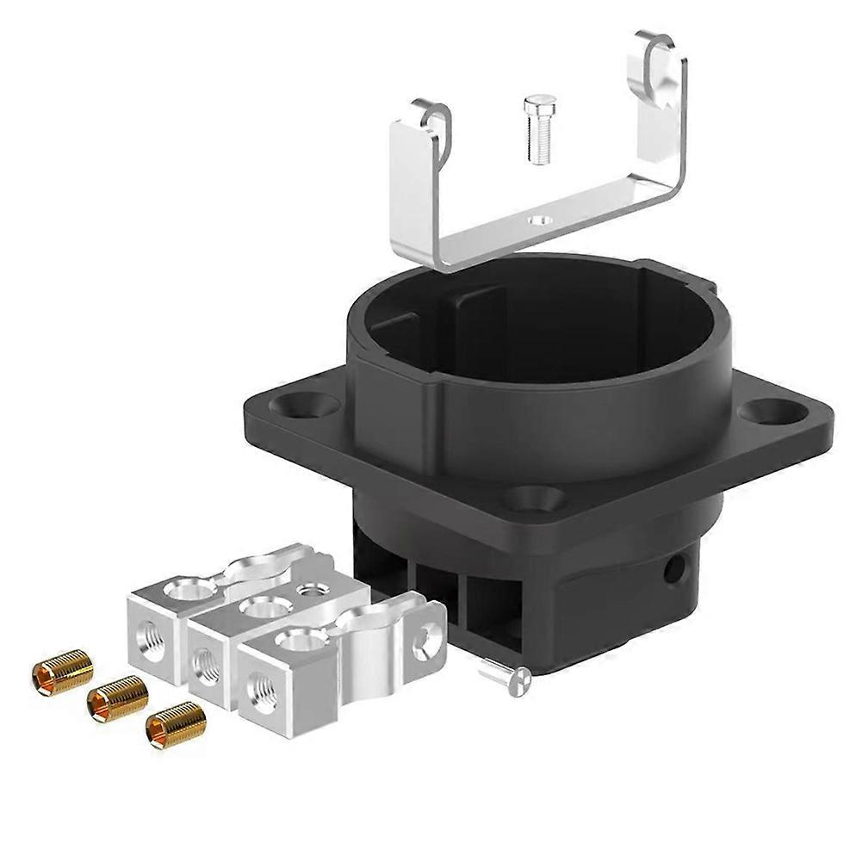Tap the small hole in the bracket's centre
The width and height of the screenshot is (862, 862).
coord(540,220)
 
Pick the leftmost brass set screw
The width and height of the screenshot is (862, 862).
coord(63,671)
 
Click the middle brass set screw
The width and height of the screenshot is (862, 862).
coord(118,698)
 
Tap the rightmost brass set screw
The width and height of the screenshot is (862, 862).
coord(176,726)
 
